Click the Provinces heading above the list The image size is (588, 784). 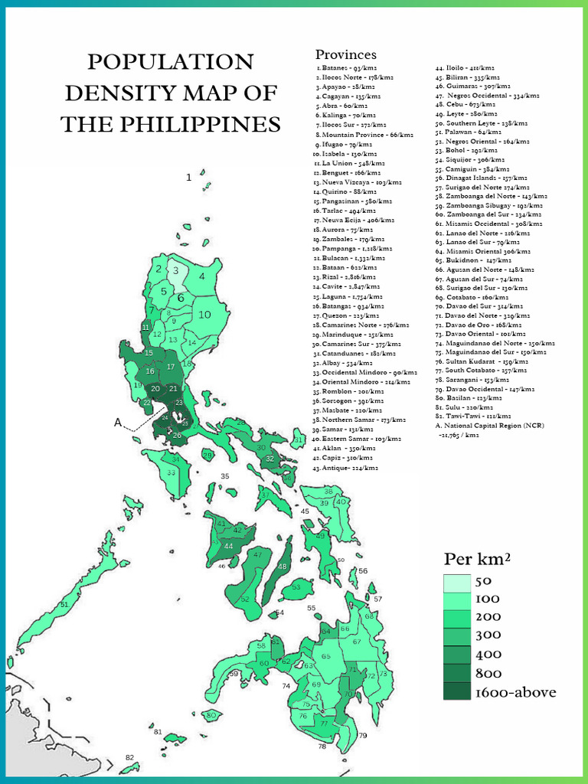(x=346, y=54)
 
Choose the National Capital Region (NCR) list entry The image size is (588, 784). (x=484, y=424)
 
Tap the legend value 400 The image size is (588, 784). (x=488, y=655)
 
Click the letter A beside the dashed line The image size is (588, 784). (x=118, y=422)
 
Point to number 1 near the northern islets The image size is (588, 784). (x=188, y=178)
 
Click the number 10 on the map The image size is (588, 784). (x=204, y=314)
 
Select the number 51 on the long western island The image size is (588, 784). (x=64, y=605)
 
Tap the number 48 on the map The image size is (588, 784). (x=282, y=567)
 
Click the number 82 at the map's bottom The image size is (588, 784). (x=129, y=757)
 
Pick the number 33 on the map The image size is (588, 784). (x=171, y=473)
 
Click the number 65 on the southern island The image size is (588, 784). (x=326, y=656)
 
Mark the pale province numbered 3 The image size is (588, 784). (x=175, y=269)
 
